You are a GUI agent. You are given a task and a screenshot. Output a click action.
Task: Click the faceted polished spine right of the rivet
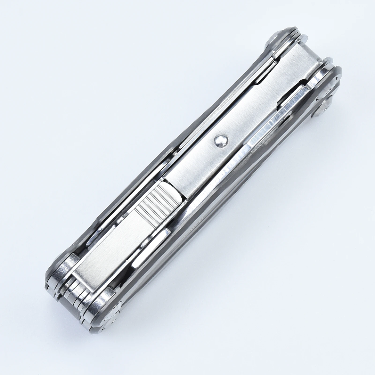click(257, 139)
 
